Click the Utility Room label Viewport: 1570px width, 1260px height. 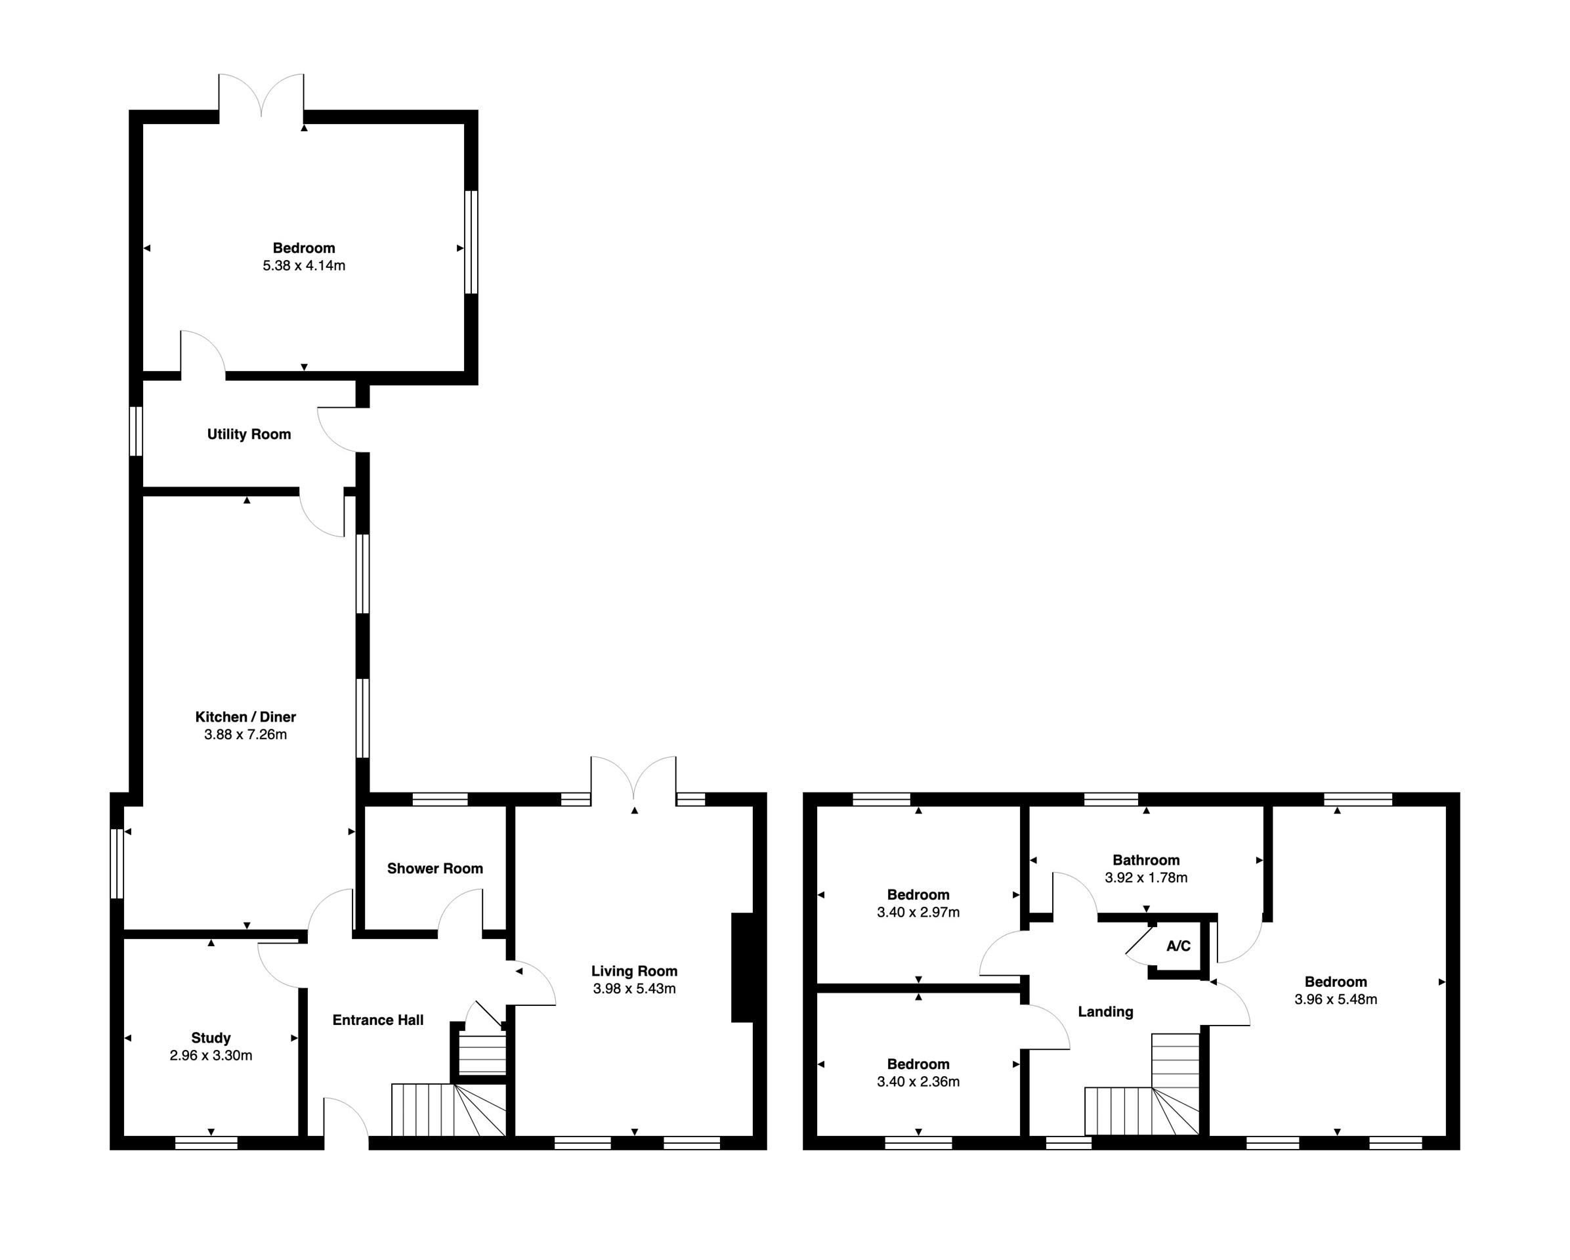(x=249, y=435)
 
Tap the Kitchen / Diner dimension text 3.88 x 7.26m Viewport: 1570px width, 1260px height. (x=245, y=735)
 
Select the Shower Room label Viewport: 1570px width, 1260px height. (x=435, y=868)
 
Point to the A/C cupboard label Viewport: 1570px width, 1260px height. (x=1178, y=946)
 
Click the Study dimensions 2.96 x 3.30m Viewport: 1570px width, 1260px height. (x=211, y=1055)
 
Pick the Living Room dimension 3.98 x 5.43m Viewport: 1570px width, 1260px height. (x=634, y=988)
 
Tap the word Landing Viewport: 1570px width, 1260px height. (x=1105, y=1012)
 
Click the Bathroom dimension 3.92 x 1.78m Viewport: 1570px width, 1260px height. (x=1146, y=878)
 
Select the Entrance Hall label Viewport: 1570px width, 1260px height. (x=378, y=1020)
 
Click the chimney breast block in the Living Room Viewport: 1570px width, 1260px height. (x=742, y=967)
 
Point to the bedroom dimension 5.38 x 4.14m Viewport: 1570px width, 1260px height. (x=304, y=266)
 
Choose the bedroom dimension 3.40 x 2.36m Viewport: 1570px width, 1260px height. (x=918, y=1081)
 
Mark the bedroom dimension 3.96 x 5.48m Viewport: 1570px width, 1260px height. (x=1336, y=999)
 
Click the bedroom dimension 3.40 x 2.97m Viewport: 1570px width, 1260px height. (x=918, y=912)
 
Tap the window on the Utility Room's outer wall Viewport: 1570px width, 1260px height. (x=135, y=431)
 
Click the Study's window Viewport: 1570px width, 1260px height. (x=206, y=1142)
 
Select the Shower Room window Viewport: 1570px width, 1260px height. (x=440, y=799)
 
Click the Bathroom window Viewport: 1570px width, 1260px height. (x=1111, y=799)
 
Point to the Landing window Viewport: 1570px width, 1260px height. (x=1069, y=1142)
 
